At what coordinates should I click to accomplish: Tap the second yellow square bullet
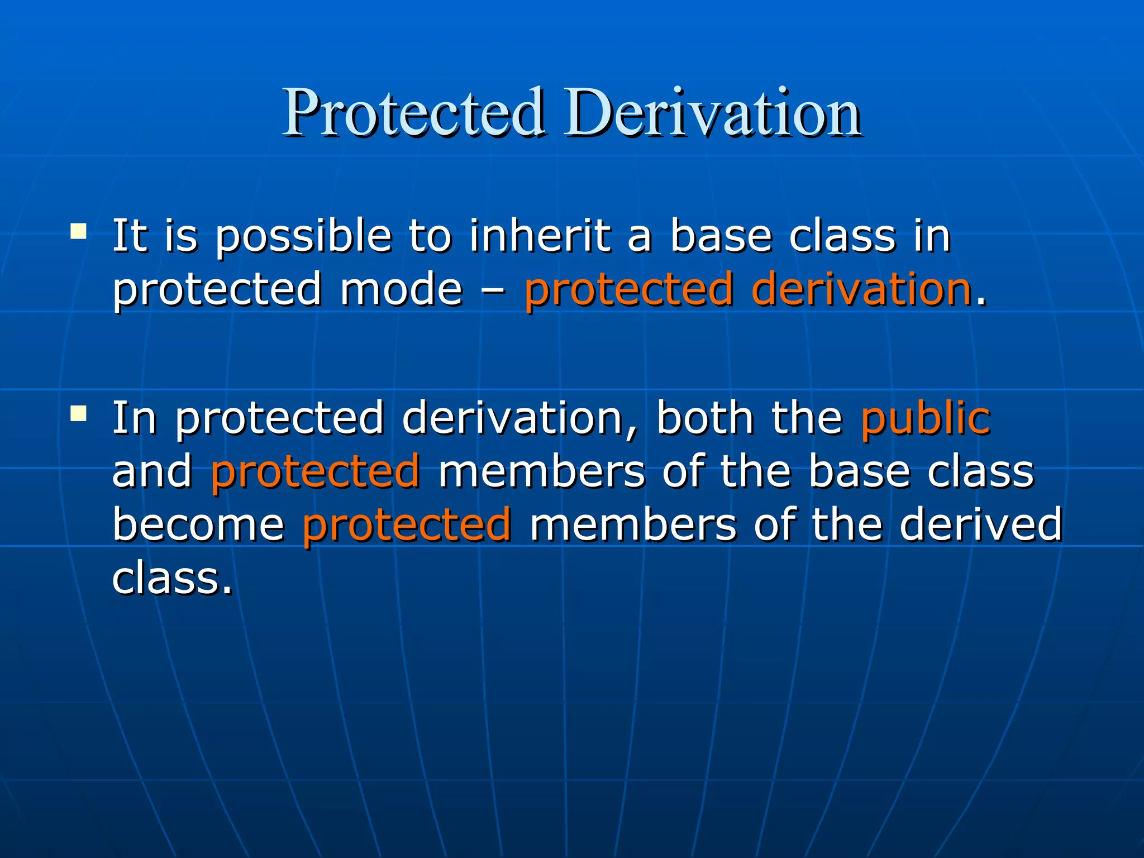79,414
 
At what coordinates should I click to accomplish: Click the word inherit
540,236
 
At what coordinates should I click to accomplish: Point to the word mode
401,289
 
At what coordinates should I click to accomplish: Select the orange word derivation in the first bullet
861,289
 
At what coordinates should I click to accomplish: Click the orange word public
926,419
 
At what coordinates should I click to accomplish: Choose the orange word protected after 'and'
315,471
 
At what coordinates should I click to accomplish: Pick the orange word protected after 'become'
407,525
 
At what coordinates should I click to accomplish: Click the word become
198,525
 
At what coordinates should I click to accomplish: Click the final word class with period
172,578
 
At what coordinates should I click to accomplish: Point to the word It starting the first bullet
130,236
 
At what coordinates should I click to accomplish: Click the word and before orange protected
152,471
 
